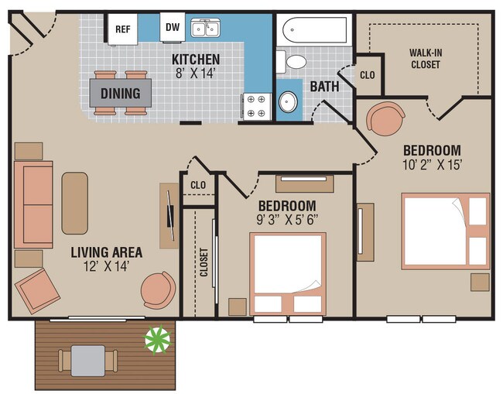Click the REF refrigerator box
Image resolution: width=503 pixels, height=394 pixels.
[x=122, y=29]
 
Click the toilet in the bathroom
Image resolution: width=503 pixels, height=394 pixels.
[x=294, y=61]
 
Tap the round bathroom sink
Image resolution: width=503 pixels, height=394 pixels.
[x=289, y=101]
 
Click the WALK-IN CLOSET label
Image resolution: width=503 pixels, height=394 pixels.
[x=424, y=59]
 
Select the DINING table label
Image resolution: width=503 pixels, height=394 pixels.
[x=120, y=94]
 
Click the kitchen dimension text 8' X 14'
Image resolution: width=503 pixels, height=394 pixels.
[x=196, y=74]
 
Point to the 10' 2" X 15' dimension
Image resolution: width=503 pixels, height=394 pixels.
[x=433, y=164]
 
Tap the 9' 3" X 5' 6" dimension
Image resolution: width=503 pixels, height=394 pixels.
[x=286, y=219]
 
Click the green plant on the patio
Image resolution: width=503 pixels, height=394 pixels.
[x=158, y=338]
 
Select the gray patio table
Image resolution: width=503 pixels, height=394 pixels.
[x=89, y=358]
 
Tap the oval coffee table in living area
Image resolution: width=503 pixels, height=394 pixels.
[x=75, y=203]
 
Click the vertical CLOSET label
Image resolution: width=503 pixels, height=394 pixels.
[x=204, y=266]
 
